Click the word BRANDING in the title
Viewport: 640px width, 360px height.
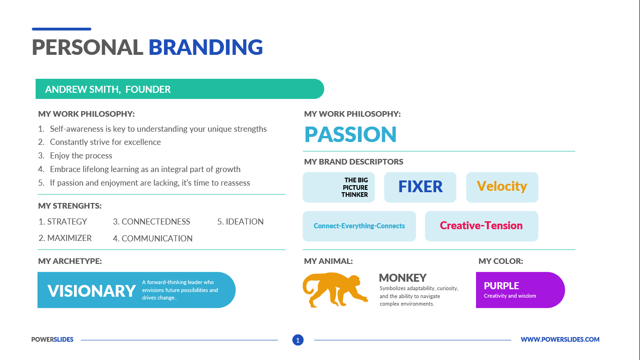point(205,47)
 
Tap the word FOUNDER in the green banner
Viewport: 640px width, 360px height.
point(148,90)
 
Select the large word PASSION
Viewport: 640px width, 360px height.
point(350,135)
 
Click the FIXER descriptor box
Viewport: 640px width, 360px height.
point(420,187)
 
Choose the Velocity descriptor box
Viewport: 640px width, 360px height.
point(502,187)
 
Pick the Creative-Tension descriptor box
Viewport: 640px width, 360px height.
point(482,226)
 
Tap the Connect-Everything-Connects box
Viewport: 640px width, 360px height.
point(359,226)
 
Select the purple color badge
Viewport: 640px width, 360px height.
point(520,290)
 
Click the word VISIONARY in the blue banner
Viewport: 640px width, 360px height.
point(91,291)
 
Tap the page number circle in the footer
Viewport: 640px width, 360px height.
point(298,340)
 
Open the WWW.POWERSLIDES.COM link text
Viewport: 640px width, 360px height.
point(560,339)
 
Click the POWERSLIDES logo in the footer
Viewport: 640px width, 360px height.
point(52,339)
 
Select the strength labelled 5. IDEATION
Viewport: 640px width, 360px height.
point(240,222)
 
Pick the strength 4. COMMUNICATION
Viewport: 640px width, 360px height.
point(153,238)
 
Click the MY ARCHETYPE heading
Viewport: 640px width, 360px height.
point(70,261)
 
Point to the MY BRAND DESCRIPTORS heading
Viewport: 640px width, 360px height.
point(353,162)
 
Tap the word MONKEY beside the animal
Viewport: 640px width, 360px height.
point(402,277)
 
